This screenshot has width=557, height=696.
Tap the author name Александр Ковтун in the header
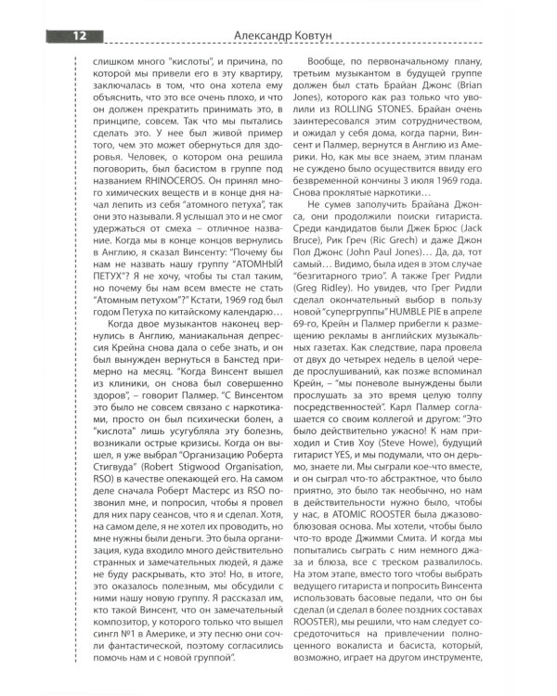(x=278, y=35)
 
